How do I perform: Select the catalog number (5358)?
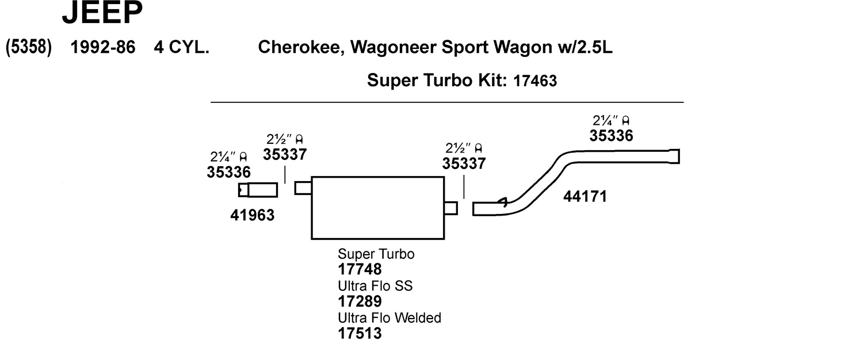pyautogui.click(x=29, y=47)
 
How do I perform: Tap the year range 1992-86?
pyautogui.click(x=102, y=47)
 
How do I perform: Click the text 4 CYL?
pyautogui.click(x=181, y=47)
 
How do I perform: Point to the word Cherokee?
pyautogui.click(x=300, y=47)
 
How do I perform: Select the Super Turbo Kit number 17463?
pyautogui.click(x=535, y=82)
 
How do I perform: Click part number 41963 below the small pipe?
pyautogui.click(x=252, y=216)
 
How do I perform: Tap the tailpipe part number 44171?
pyautogui.click(x=585, y=197)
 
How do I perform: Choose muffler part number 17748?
pyautogui.click(x=360, y=269)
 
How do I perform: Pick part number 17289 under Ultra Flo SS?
pyautogui.click(x=360, y=301)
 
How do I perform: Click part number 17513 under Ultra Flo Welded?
pyautogui.click(x=360, y=333)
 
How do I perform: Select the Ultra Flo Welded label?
pyautogui.click(x=390, y=317)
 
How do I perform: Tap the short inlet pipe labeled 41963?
pyautogui.click(x=258, y=190)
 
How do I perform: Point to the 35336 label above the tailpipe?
pyautogui.click(x=611, y=136)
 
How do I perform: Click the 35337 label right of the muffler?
pyautogui.click(x=464, y=163)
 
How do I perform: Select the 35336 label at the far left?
pyautogui.click(x=228, y=172)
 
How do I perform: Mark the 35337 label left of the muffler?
pyautogui.click(x=285, y=154)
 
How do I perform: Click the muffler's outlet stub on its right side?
pyautogui.click(x=451, y=208)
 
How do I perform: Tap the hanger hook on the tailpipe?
pyautogui.click(x=503, y=201)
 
